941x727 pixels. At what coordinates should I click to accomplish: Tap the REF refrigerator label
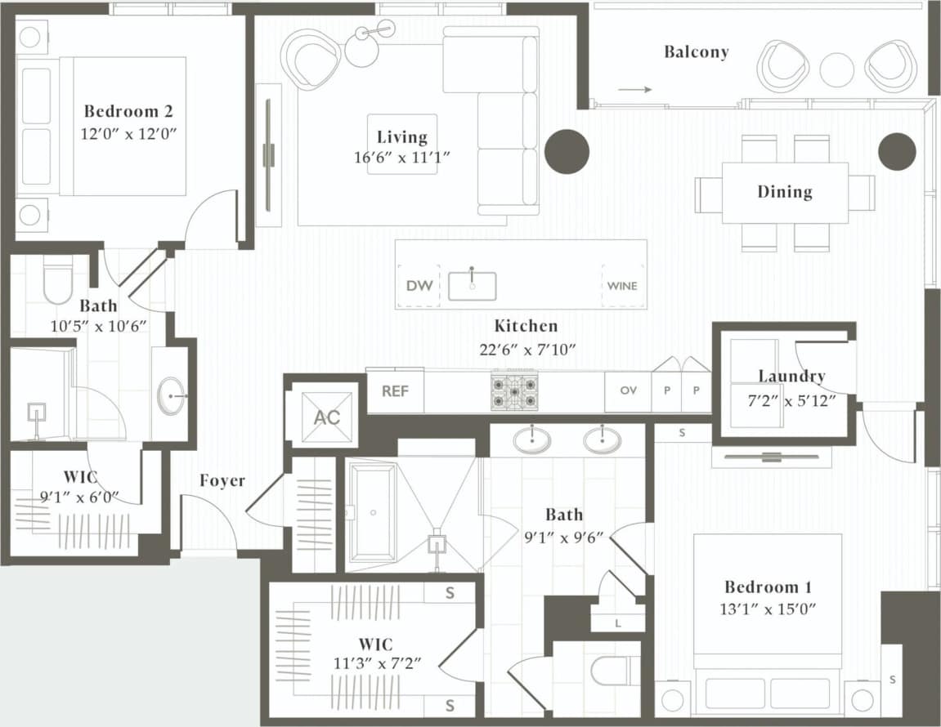[395, 390]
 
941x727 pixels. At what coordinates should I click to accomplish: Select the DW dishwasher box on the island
[419, 286]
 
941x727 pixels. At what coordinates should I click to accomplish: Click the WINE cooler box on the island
[622, 286]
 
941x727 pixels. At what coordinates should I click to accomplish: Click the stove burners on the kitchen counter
[514, 391]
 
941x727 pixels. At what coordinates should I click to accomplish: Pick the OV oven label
[628, 390]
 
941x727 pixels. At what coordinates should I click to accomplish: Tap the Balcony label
[696, 52]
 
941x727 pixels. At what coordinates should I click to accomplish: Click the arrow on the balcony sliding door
[634, 90]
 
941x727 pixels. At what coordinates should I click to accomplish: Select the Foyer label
[222, 480]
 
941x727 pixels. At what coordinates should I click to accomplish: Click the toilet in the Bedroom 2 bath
[58, 282]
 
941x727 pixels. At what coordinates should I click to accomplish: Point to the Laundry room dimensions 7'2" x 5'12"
[791, 402]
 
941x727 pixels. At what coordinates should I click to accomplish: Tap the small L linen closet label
[618, 624]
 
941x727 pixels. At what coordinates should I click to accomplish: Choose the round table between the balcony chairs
[836, 69]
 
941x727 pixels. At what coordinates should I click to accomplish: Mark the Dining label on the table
[784, 192]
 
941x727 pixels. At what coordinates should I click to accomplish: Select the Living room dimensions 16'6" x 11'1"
[403, 158]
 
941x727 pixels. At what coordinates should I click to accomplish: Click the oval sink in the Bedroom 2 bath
[171, 395]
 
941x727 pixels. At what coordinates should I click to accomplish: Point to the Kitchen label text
[527, 326]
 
